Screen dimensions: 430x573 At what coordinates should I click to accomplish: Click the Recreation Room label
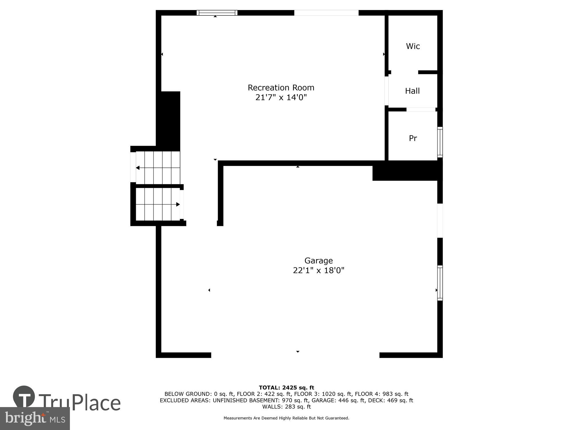coord(281,87)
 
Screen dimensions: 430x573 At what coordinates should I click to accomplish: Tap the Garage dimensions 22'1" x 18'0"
coord(318,270)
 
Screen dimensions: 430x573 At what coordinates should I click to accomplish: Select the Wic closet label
coord(413,46)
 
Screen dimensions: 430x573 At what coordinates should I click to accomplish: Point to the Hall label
coord(412,91)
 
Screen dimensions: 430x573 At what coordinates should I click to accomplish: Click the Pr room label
coord(413,138)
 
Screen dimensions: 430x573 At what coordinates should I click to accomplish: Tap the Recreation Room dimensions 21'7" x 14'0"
coord(281,97)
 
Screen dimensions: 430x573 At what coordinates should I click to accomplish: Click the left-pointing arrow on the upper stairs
coord(138,168)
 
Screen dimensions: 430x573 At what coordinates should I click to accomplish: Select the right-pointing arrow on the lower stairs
coord(178,204)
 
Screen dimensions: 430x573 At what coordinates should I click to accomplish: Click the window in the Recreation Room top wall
coord(217,13)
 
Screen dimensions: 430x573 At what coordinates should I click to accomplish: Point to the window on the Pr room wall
coord(440,142)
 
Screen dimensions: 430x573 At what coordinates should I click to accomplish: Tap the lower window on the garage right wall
coord(440,283)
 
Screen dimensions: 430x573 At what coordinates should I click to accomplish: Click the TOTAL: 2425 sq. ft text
coord(286,388)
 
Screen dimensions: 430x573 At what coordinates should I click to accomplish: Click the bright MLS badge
coord(35,419)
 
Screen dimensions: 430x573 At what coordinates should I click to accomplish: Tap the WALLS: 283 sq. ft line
coord(286,406)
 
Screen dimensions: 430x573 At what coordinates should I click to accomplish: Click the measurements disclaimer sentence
coord(286,418)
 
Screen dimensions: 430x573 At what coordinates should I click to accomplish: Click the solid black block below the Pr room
coord(407,171)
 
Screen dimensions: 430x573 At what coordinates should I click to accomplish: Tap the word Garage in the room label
coord(318,261)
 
